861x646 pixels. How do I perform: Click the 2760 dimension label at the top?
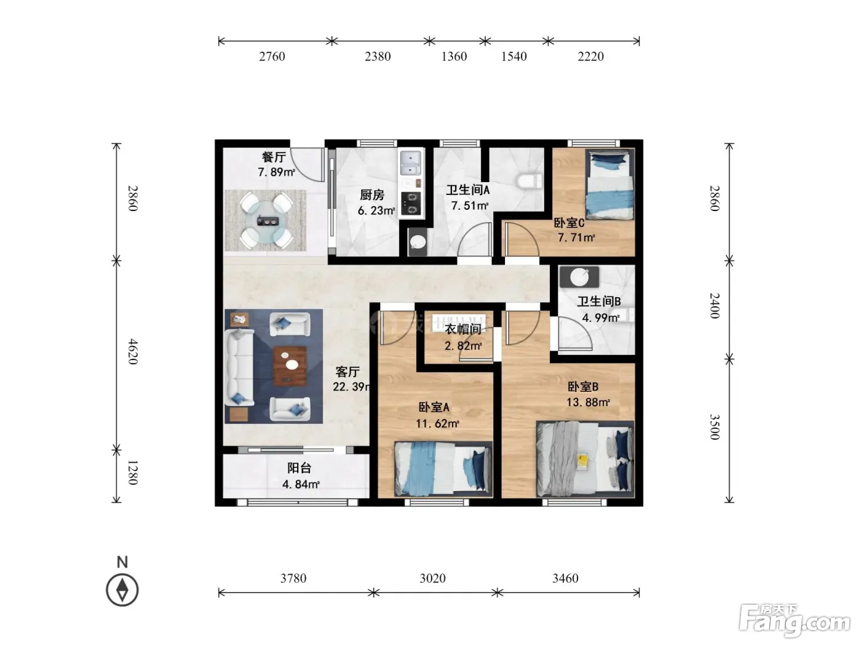click(272, 57)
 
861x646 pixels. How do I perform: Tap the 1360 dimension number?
click(454, 57)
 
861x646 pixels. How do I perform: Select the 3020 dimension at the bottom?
click(432, 578)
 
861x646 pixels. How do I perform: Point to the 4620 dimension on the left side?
click(133, 352)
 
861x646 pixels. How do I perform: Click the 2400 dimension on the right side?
click(715, 306)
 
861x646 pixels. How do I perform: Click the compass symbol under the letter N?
click(122, 590)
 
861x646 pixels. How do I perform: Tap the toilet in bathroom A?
click(529, 181)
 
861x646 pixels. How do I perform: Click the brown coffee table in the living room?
click(290, 365)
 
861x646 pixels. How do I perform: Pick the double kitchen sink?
click(411, 164)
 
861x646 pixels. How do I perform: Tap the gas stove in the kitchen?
click(411, 204)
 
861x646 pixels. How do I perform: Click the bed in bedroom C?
click(609, 185)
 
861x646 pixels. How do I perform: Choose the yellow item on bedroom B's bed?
click(582, 461)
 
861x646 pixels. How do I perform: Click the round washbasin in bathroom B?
click(579, 277)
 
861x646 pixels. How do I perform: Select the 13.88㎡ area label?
click(588, 402)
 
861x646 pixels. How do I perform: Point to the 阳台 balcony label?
click(300, 468)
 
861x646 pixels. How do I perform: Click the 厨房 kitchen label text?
click(372, 195)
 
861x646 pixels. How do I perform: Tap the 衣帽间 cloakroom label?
click(463, 329)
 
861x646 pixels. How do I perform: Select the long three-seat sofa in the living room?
click(239, 367)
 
